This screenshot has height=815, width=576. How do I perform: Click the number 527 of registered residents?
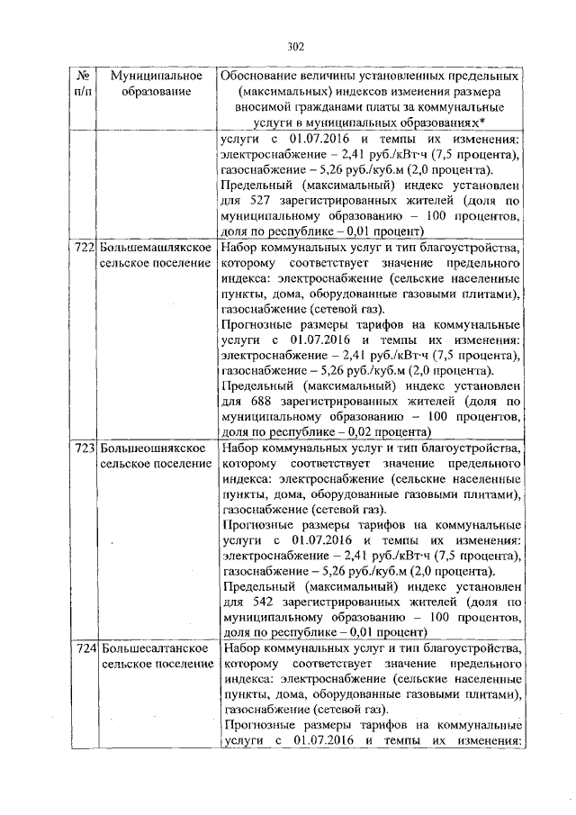[260, 203]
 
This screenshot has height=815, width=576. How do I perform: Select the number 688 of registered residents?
[260, 403]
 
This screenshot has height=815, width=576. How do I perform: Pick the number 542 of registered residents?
[260, 602]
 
